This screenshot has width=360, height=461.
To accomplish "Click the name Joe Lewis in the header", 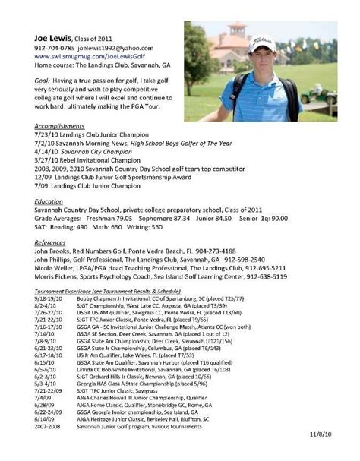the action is point(55,38).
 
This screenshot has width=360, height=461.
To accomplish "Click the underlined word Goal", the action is point(43,80).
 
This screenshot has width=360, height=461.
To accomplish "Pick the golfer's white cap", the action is point(260,39).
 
